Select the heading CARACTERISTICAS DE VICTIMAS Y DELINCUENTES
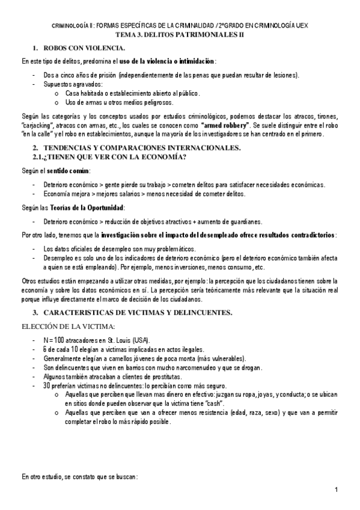point(138,313)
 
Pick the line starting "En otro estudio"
point(79,477)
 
